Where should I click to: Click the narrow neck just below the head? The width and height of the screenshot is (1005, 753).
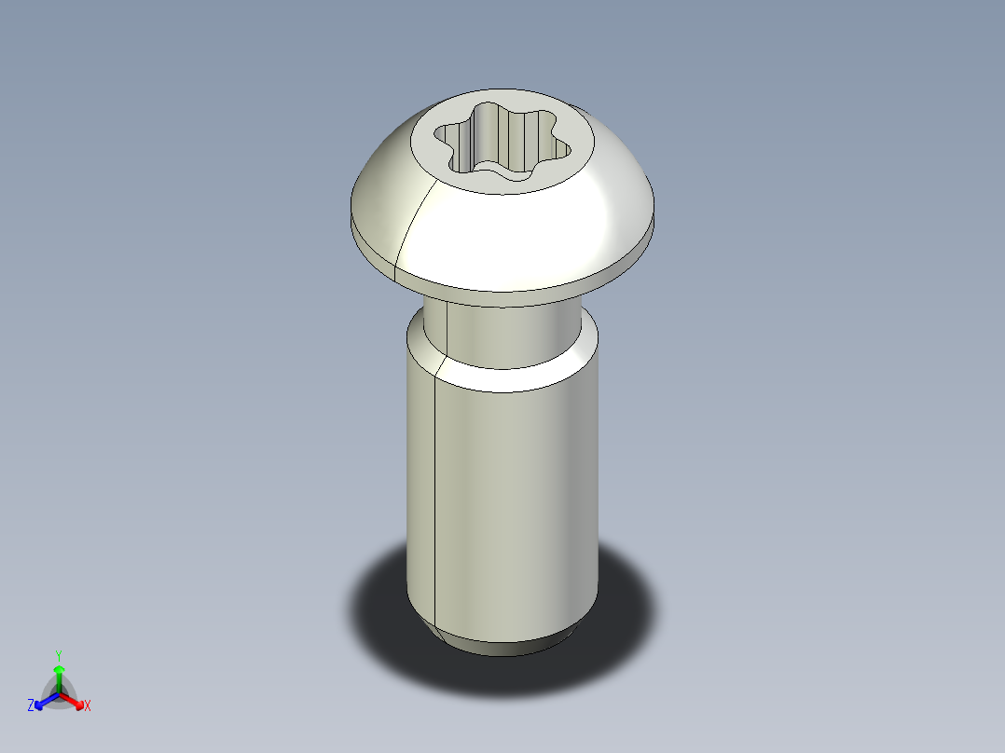pos(508,331)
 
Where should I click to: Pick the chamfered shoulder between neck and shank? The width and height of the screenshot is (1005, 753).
pos(503,373)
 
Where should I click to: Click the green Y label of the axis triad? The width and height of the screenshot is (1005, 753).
pos(59,655)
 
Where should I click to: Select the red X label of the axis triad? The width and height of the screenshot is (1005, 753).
pos(88,706)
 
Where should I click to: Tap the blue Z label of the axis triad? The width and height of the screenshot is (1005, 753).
pos(31,706)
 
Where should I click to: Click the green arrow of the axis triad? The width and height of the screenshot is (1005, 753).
pos(59,675)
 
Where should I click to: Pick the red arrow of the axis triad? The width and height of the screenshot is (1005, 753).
pos(75,700)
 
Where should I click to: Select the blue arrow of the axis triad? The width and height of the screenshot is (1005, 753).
pos(43,701)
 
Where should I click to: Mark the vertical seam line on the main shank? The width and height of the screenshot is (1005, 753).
pos(435,494)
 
